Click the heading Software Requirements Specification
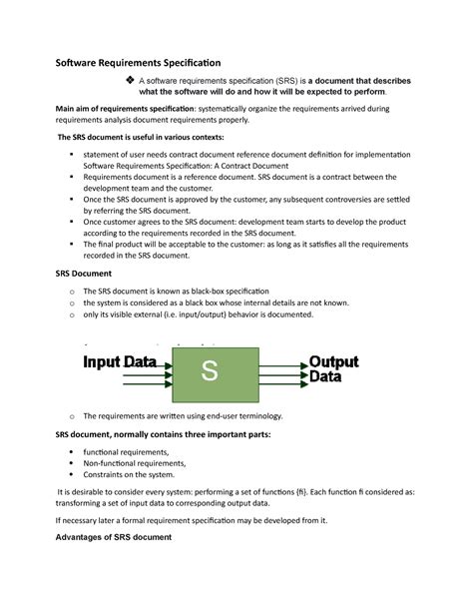click(x=137, y=62)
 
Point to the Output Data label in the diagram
click(x=340, y=369)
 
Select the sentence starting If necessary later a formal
click(x=192, y=520)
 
